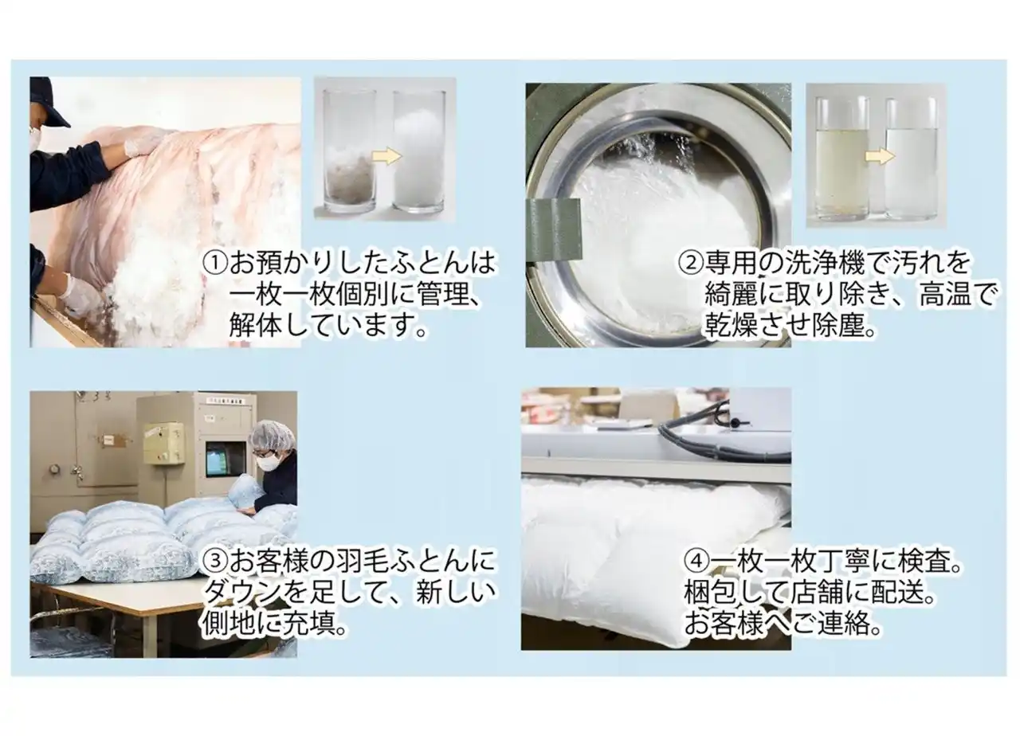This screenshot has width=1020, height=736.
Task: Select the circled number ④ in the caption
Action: [696, 563]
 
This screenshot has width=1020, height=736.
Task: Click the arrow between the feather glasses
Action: [387, 156]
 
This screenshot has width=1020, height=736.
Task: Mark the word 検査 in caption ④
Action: [927, 563]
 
